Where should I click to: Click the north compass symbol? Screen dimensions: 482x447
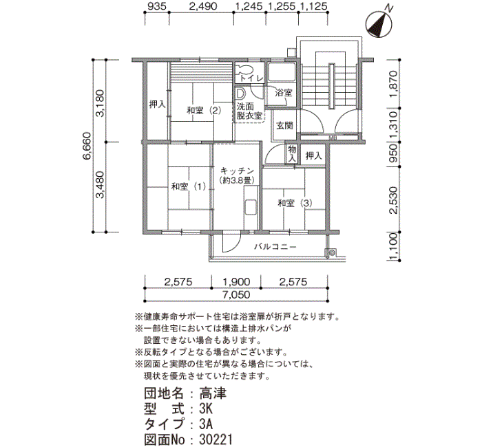pos(379,25)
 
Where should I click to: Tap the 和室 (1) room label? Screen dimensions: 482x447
pos(189,186)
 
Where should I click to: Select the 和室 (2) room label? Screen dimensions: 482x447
pos(204,110)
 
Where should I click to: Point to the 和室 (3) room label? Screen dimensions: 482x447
pos(295,203)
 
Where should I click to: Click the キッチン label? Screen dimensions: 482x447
pos(237,171)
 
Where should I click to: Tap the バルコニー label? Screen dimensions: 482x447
pos(275,246)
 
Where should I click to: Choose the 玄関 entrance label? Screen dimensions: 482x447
pos(284,125)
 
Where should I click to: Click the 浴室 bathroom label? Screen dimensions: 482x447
pos(284,92)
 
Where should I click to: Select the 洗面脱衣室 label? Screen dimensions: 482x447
pos(249,111)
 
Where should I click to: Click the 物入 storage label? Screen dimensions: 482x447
pos(292,154)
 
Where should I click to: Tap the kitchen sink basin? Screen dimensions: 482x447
pos(251,207)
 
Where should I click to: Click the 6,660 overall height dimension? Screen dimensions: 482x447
pos(87,146)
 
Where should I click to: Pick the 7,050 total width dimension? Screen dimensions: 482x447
pos(236,295)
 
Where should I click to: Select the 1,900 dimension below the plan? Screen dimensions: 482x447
pos(236,281)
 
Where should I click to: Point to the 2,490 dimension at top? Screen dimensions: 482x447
pos(203,6)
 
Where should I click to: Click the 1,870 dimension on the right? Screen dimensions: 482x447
pos(393,84)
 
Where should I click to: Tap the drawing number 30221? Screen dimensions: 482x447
pos(216,439)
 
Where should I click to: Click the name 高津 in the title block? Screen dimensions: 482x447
pos(212,393)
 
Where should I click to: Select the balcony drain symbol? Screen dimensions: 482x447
pos(331,253)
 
